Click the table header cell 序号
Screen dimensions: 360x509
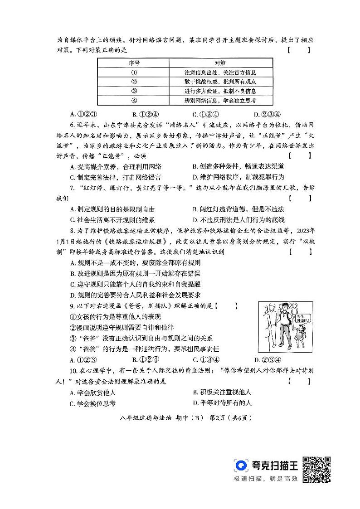[x=134, y=63]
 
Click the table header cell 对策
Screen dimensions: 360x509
[x=220, y=63]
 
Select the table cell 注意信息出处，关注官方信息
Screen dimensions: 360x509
[x=221, y=72]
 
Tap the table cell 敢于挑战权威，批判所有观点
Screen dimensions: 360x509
[x=221, y=82]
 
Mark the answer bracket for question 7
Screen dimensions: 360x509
[x=300, y=198]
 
